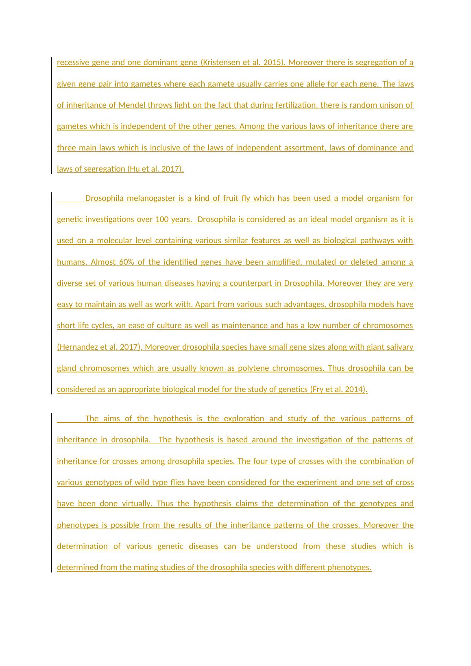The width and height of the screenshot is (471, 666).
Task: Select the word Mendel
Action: [132, 105]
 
